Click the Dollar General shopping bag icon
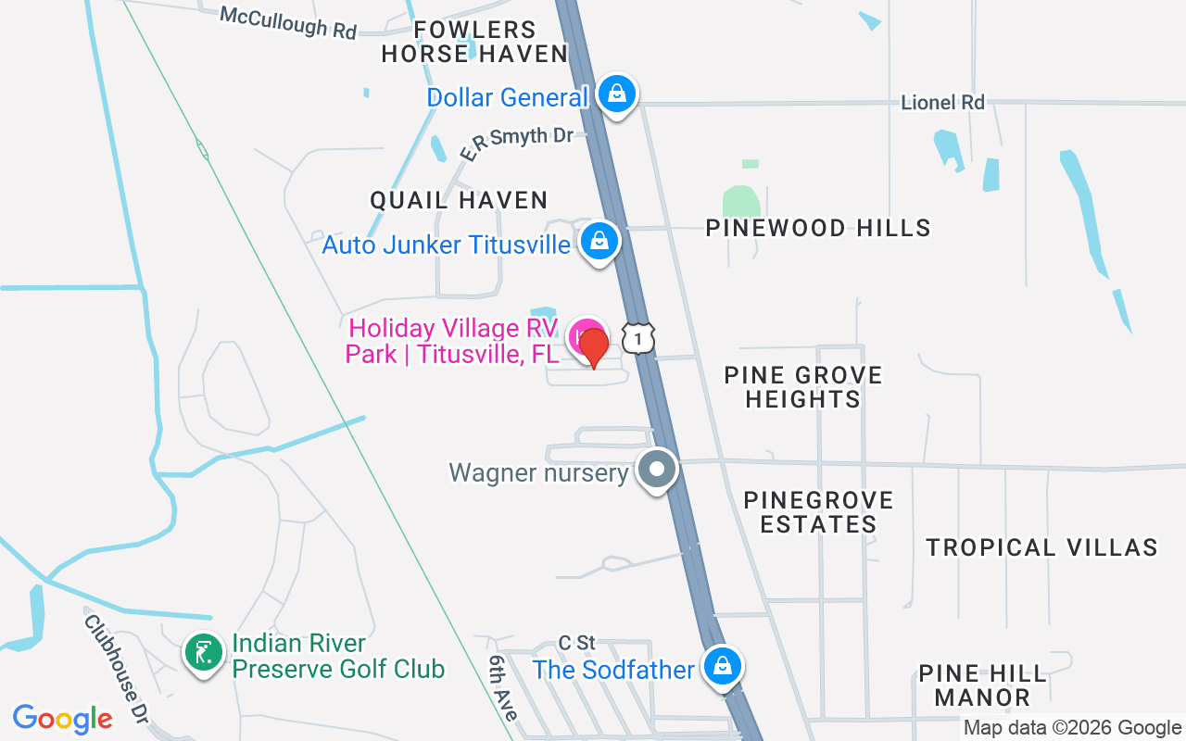point(616,94)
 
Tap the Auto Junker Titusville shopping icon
point(599,242)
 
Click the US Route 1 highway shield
point(638,337)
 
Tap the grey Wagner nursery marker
point(657,470)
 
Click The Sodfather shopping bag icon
point(722,666)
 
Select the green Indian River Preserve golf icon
point(203,653)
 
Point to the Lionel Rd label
point(942,102)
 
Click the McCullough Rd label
point(288,23)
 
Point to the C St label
point(576,642)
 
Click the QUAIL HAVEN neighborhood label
point(459,199)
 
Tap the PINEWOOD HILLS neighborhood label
point(818,228)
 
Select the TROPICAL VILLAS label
point(1041,547)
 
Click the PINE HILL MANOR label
point(982,685)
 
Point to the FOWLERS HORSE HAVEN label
point(474,43)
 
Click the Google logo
point(63,719)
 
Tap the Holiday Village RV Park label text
point(452,341)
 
